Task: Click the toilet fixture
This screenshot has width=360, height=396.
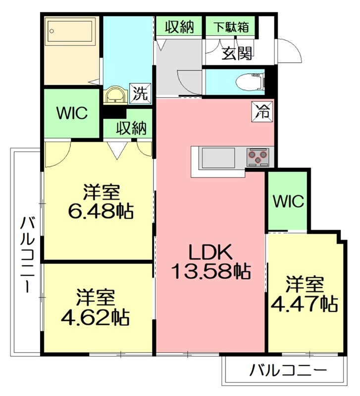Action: [x=250, y=82]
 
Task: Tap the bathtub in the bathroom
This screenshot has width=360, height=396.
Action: [x=70, y=31]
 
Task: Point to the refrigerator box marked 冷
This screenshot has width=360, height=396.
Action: [x=262, y=112]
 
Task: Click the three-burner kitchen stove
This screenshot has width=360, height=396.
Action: [x=257, y=157]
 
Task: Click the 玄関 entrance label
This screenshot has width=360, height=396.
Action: [x=237, y=53]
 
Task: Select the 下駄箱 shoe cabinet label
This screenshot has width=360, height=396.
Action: [x=231, y=27]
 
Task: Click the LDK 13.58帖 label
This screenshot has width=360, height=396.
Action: [x=211, y=261]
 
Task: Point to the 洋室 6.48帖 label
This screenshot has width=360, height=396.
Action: [x=101, y=201]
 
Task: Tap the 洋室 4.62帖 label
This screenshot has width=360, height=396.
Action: [x=95, y=307]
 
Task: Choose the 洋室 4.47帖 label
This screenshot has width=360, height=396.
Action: [x=305, y=294]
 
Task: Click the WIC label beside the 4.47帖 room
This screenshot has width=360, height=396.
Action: [x=288, y=201]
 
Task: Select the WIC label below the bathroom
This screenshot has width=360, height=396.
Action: [x=72, y=113]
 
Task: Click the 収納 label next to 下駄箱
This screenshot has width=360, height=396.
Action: [x=179, y=27]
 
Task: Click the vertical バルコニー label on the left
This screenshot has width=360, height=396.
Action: [x=27, y=254]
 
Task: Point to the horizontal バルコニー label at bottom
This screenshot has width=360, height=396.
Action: [x=288, y=371]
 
